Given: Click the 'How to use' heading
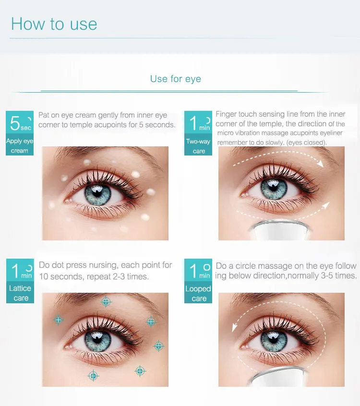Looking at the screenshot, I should point(54,24).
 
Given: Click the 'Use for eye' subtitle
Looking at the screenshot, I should point(175,79).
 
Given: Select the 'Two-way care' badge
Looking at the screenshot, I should point(198,133).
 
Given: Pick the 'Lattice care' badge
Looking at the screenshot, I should point(20,280).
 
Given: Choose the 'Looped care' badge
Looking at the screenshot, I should point(198,281).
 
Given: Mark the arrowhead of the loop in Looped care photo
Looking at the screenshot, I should point(235,328).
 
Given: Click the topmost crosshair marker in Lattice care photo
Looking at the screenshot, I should point(106,301).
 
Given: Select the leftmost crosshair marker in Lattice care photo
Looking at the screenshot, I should point(58,320).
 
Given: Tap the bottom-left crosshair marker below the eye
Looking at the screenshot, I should point(93,376).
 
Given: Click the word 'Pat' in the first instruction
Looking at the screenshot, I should point(44,116).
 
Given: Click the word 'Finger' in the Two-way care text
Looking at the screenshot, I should point(226,114).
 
